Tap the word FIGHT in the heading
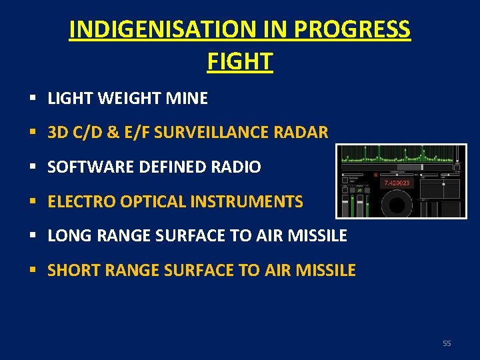click(x=240, y=61)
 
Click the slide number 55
click(x=447, y=343)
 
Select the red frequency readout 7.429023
click(x=397, y=183)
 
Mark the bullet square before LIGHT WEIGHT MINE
click(x=32, y=99)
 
